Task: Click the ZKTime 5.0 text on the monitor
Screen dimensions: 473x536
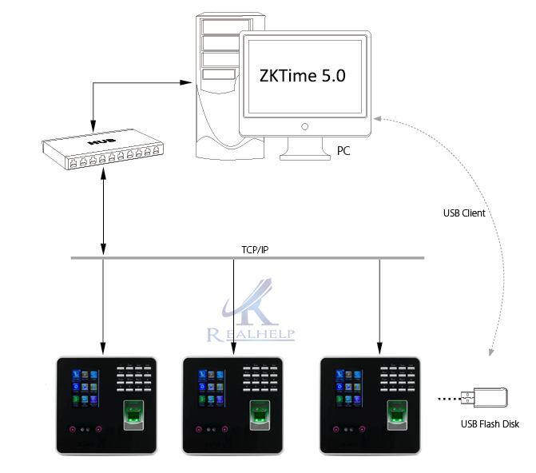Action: click(303, 77)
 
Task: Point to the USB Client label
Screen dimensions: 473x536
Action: click(464, 213)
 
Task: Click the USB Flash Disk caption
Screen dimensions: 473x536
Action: click(490, 424)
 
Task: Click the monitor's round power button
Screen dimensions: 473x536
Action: click(304, 126)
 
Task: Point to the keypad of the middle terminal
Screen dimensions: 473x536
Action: click(264, 377)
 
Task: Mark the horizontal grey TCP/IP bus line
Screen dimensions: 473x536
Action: click(320, 258)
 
